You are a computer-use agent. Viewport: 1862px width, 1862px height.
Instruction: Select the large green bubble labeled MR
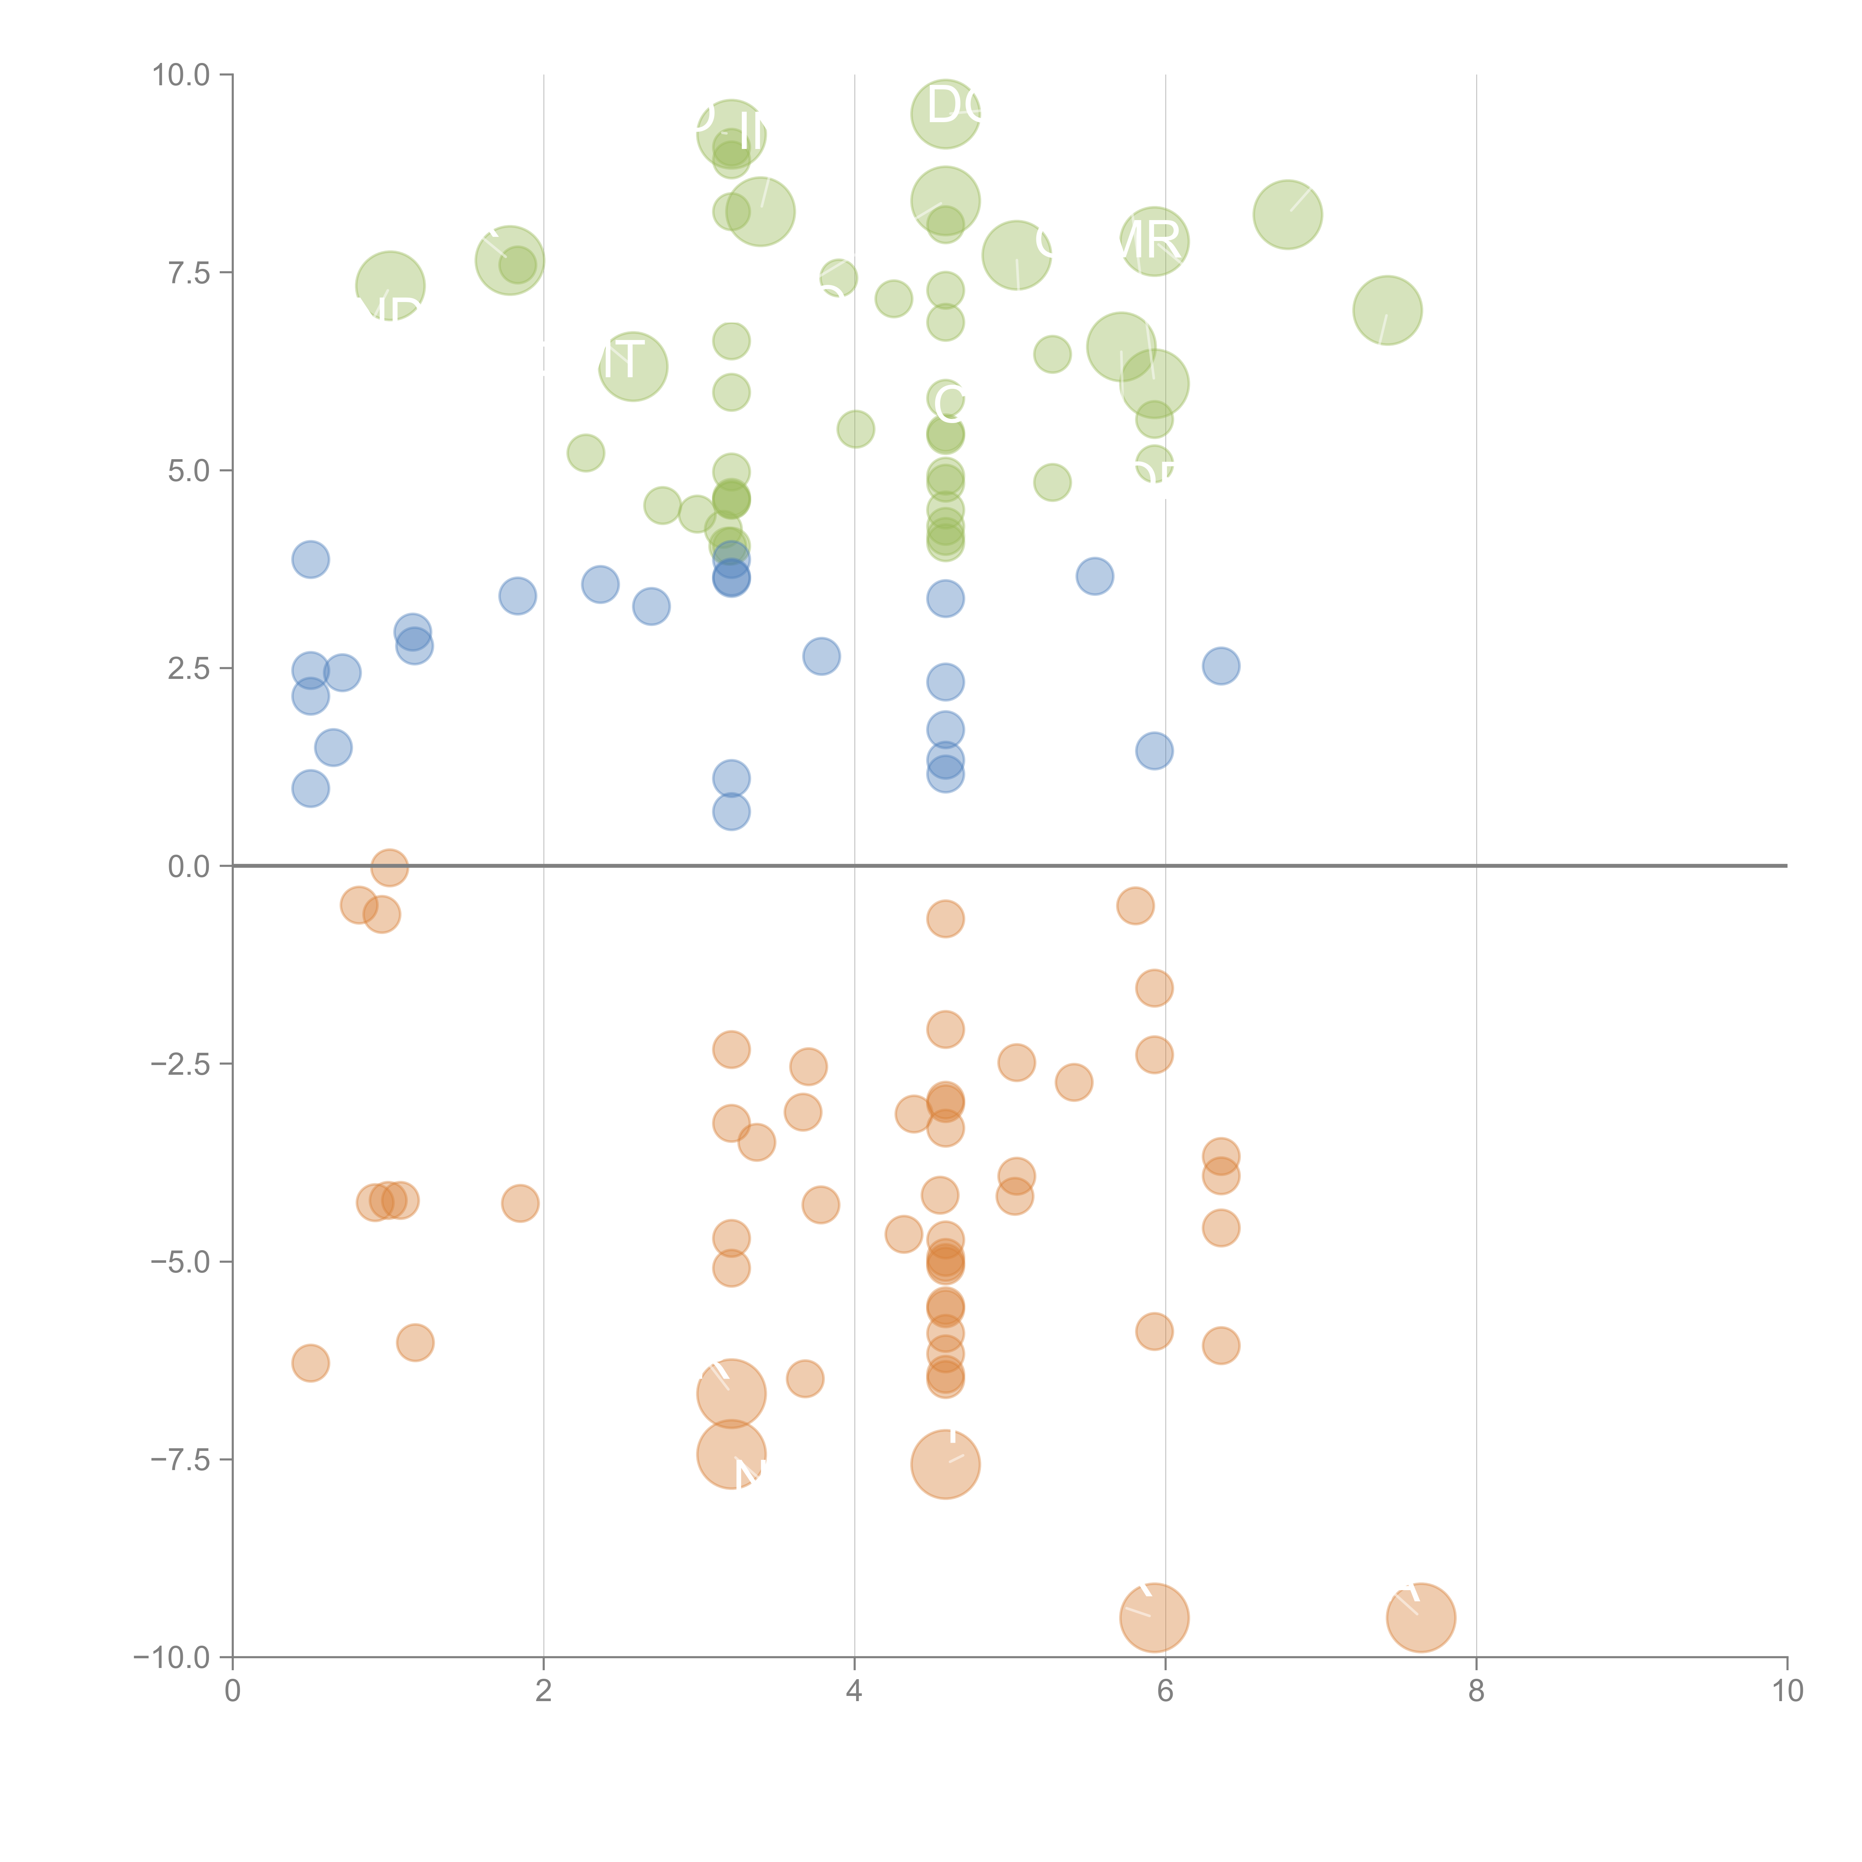coord(1154,241)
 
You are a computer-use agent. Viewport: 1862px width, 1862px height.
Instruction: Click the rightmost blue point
coord(1220,666)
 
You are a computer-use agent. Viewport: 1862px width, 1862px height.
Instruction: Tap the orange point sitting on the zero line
coord(388,867)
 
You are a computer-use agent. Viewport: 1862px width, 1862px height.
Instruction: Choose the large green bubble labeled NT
coord(632,366)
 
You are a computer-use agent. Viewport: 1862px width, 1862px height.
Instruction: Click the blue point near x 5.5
coord(1094,576)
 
